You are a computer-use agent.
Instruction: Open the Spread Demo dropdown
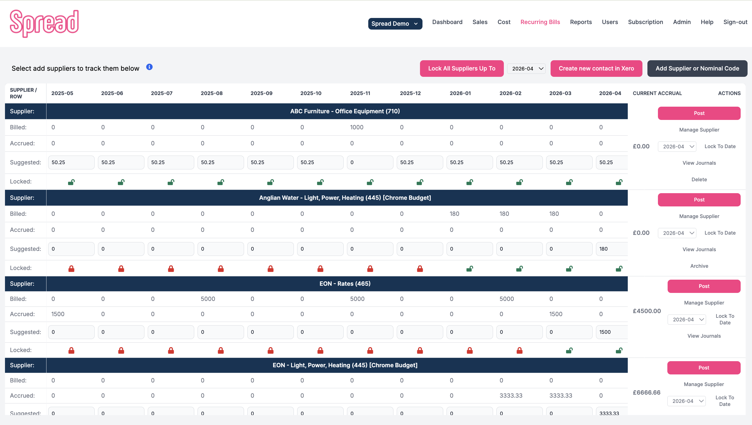click(395, 24)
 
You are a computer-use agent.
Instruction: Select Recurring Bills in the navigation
click(540, 22)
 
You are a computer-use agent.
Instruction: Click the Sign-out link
click(735, 22)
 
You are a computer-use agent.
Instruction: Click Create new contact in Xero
click(596, 68)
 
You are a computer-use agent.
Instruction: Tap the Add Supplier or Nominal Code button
click(697, 68)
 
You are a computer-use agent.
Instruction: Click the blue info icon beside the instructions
click(149, 67)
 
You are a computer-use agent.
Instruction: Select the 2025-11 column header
click(360, 93)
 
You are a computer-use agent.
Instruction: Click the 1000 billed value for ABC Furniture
click(357, 127)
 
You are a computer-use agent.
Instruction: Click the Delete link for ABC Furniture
click(699, 180)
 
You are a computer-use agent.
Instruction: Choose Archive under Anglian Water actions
click(699, 266)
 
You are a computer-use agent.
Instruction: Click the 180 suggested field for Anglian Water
click(611, 249)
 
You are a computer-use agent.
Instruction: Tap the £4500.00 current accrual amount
click(647, 311)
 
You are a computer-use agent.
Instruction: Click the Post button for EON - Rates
click(704, 286)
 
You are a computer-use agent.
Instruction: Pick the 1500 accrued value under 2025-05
click(58, 314)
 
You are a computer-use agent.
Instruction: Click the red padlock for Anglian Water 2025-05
click(71, 269)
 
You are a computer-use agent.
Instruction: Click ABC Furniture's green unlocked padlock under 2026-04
click(619, 182)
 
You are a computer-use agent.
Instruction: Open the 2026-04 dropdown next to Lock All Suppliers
click(526, 69)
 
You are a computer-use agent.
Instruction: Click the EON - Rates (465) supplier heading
click(344, 284)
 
